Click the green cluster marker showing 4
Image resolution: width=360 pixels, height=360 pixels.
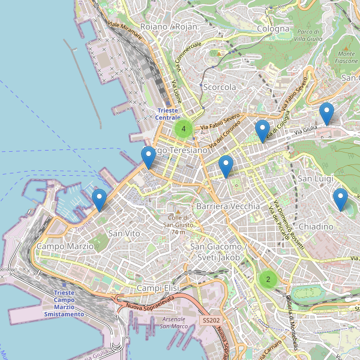pos(184,128)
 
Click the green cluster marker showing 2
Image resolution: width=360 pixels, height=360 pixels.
pos(268,279)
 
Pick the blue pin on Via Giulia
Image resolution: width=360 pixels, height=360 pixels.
pos(262,130)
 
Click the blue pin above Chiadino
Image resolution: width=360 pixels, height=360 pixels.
pos(340,199)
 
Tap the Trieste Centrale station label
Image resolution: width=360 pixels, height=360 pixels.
pos(167,114)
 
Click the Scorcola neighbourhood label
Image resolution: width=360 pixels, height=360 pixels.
pos(220,87)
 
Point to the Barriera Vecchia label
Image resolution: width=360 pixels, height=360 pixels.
pos(228,206)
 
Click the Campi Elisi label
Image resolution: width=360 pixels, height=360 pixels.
pos(158,289)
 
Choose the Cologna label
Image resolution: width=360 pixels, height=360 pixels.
pos(273,28)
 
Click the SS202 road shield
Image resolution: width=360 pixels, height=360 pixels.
pos(210,322)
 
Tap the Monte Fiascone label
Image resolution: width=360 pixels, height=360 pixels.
pos(346,57)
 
